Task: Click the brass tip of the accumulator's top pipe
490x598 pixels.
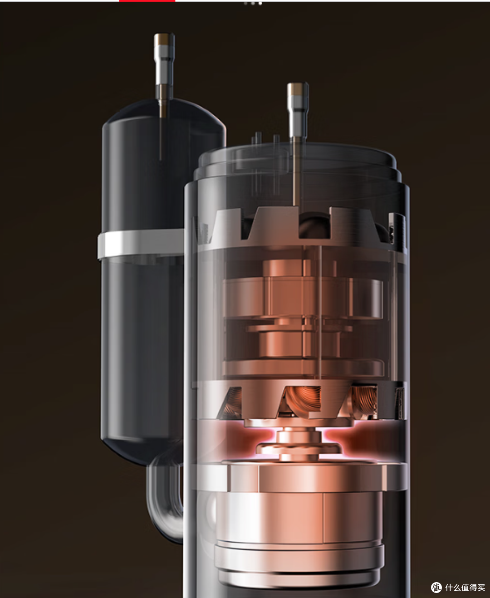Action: coord(164,39)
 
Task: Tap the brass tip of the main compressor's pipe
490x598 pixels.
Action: coord(298,88)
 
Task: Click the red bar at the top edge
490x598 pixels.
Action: coord(147,1)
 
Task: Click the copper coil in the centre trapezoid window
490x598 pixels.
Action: coord(302,400)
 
